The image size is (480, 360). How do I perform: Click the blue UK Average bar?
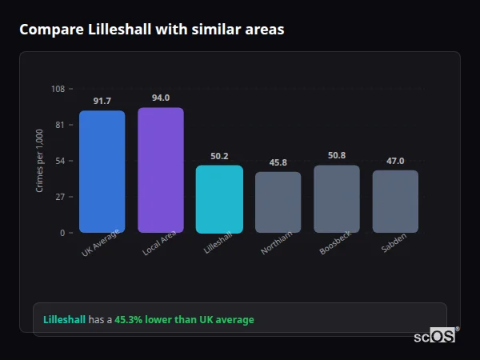pyautogui.click(x=102, y=171)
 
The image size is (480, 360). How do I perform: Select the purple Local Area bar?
pyautogui.click(x=161, y=170)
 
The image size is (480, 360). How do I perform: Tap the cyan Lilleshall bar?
pyautogui.click(x=219, y=198)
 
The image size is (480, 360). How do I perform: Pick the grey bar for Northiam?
pyautogui.click(x=278, y=202)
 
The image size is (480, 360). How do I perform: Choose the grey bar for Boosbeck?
pyautogui.click(x=337, y=198)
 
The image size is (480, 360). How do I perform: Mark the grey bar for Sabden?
pyautogui.click(x=395, y=201)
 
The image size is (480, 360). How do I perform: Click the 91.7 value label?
pyautogui.click(x=102, y=101)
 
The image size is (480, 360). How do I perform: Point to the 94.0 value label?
pyautogui.click(x=161, y=98)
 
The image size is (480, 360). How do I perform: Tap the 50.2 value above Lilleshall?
pyautogui.click(x=219, y=156)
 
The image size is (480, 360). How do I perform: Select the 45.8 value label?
pyautogui.click(x=278, y=162)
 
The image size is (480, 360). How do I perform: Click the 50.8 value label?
pyautogui.click(x=337, y=155)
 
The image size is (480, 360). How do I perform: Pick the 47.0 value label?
pyautogui.click(x=395, y=161)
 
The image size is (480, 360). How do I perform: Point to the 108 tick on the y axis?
pyautogui.click(x=58, y=89)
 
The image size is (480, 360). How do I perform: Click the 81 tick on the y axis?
pyautogui.click(x=60, y=125)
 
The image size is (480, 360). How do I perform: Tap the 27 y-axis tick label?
pyautogui.click(x=60, y=197)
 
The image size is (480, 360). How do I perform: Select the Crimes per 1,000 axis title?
pyautogui.click(x=40, y=161)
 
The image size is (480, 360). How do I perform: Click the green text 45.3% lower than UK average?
pyautogui.click(x=184, y=320)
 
